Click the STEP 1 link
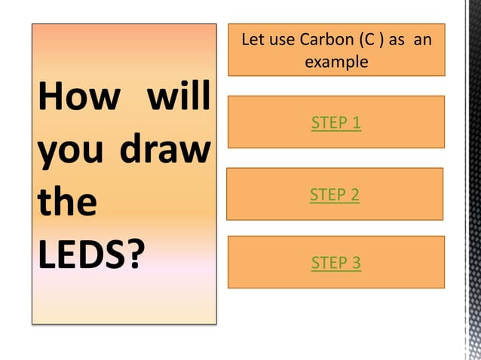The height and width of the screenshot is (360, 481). coord(335,123)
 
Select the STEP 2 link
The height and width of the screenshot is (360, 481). coord(334,195)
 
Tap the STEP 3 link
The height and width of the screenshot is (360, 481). coord(335,263)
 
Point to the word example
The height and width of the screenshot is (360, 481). coord(336,62)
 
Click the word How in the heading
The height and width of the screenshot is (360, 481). coord(75,99)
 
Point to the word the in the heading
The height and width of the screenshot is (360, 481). coord(66,203)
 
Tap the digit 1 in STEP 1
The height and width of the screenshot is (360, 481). coord(356,123)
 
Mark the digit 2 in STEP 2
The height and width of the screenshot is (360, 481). coord(354,195)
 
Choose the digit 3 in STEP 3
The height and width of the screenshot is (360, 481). coord(356,263)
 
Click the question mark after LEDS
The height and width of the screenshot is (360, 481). coord(134,256)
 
